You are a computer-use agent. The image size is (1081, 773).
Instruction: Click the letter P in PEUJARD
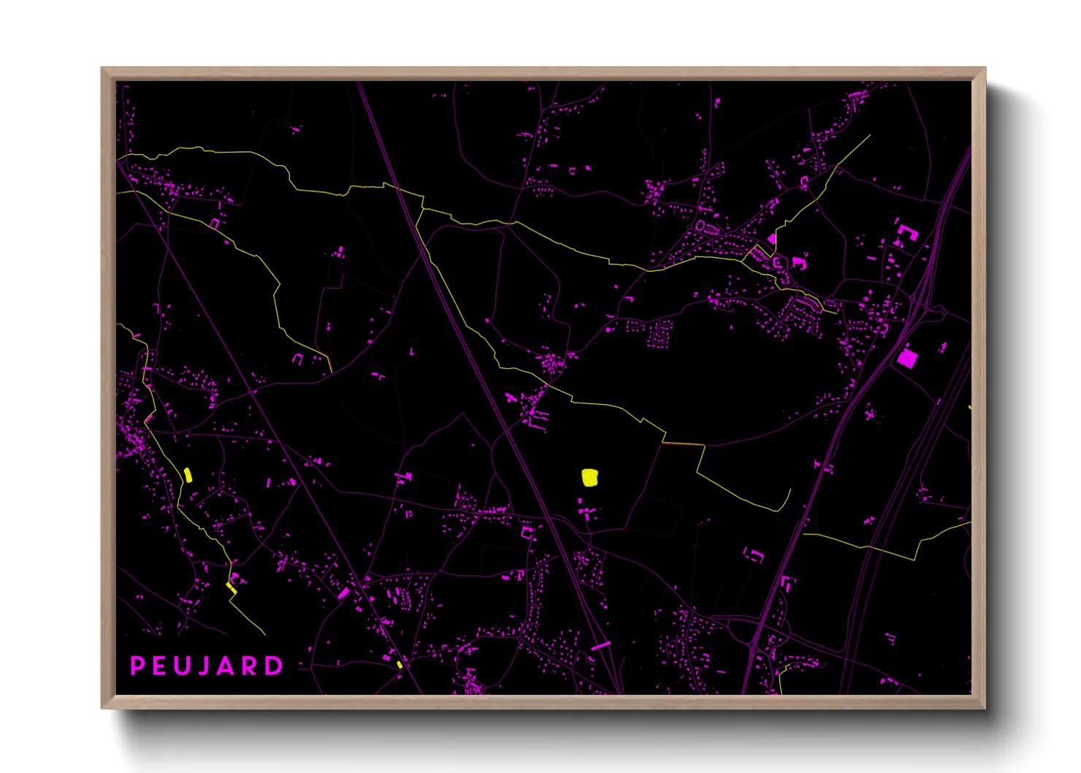pyautogui.click(x=137, y=666)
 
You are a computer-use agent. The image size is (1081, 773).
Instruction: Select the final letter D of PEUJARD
pyautogui.click(x=275, y=666)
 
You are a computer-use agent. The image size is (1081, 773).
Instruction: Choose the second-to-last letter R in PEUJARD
pyautogui.click(x=252, y=666)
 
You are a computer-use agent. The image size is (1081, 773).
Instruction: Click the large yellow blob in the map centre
pyautogui.click(x=589, y=478)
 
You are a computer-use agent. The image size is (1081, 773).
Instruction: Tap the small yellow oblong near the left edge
pyautogui.click(x=188, y=475)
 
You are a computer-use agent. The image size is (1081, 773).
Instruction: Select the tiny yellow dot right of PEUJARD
pyautogui.click(x=400, y=664)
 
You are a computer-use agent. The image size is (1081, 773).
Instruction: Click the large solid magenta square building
pyautogui.click(x=907, y=358)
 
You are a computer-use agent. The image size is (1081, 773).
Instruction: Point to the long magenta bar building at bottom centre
pyautogui.click(x=600, y=646)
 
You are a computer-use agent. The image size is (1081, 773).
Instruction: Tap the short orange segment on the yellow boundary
pyautogui.click(x=684, y=443)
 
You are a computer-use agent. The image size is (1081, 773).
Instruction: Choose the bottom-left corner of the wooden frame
pyautogui.click(x=103, y=707)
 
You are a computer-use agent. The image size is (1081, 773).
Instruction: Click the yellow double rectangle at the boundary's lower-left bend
pyautogui.click(x=231, y=587)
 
